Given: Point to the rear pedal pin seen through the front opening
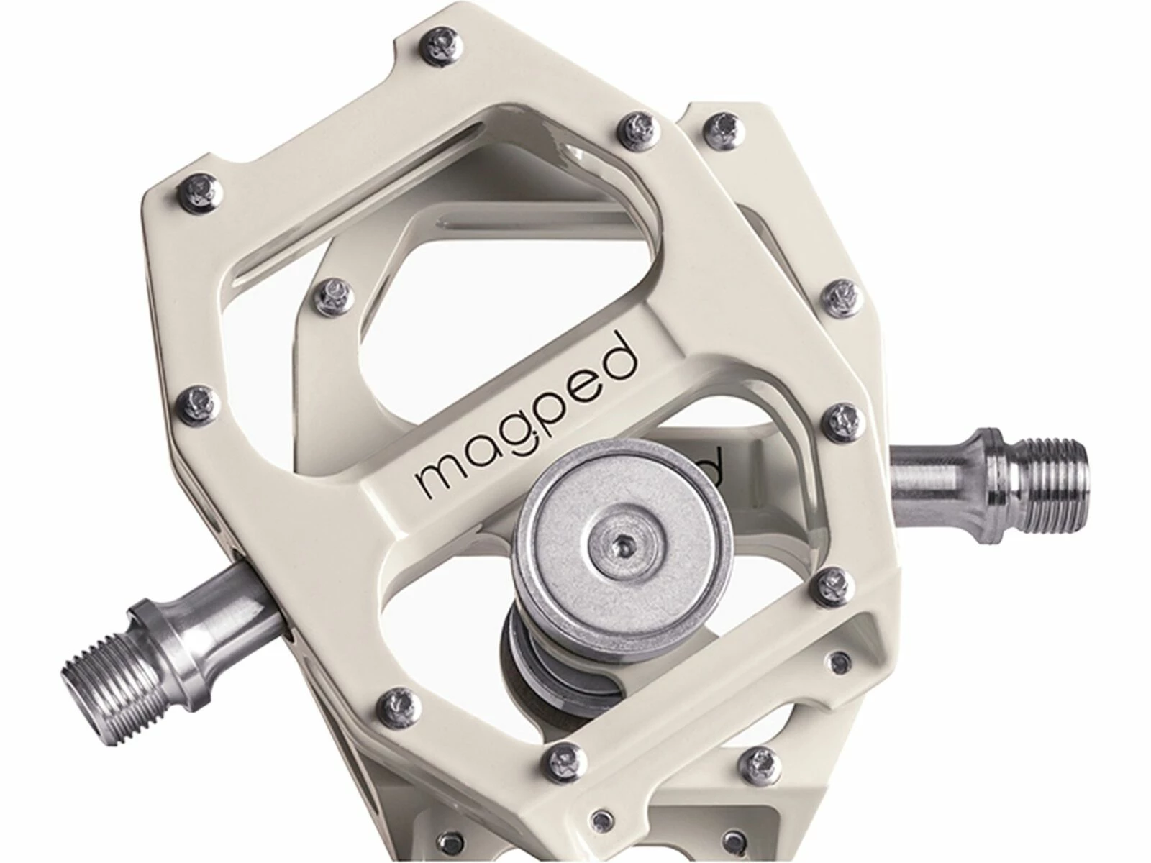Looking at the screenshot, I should pyautogui.click(x=335, y=291).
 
